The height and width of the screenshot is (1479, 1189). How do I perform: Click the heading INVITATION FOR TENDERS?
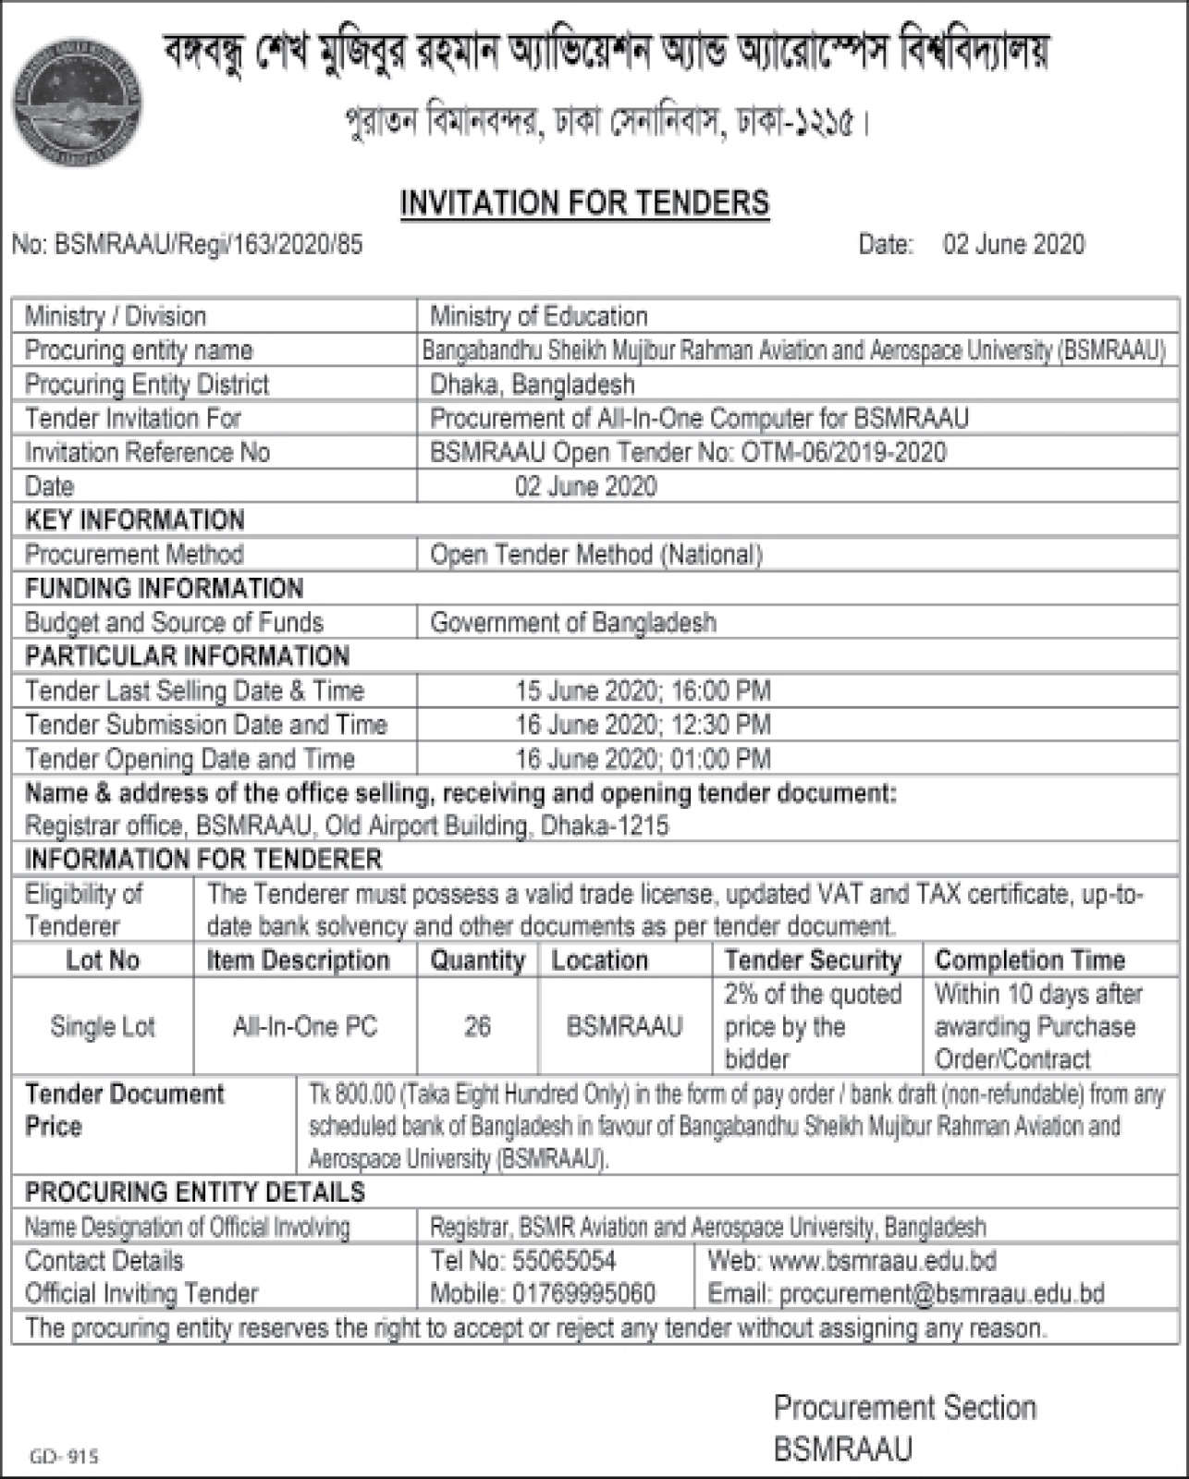click(x=584, y=202)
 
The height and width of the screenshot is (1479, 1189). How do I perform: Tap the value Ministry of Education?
click(x=539, y=317)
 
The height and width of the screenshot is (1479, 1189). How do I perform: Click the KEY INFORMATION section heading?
click(x=135, y=520)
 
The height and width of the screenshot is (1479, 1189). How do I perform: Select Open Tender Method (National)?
click(x=596, y=555)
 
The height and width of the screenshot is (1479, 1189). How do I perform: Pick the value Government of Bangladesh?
click(x=573, y=623)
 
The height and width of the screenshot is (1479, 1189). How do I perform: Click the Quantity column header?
click(x=477, y=960)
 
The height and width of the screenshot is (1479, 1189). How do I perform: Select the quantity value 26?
click(x=477, y=1027)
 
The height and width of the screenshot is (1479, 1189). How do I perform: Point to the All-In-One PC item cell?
click(x=305, y=1027)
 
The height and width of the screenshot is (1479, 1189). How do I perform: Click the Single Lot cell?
click(x=103, y=1027)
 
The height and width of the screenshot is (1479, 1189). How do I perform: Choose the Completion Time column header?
click(x=1030, y=960)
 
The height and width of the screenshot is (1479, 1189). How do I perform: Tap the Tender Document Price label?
click(x=124, y=1110)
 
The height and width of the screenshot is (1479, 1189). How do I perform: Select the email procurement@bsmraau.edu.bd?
click(x=941, y=1294)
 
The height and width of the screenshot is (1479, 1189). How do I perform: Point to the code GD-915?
click(x=64, y=1457)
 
